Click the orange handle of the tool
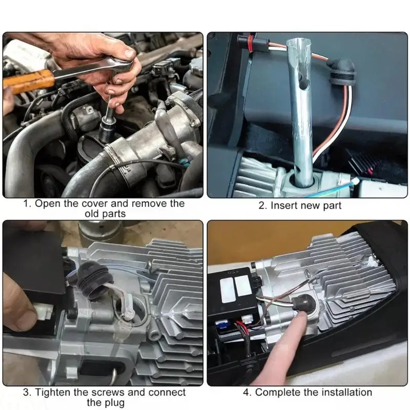click(29, 81)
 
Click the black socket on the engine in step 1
click(107, 130)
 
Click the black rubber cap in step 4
click(301, 303)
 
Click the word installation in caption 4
click(347, 392)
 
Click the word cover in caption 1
click(95, 203)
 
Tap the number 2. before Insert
click(263, 206)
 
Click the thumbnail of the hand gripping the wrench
click(103, 115)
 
